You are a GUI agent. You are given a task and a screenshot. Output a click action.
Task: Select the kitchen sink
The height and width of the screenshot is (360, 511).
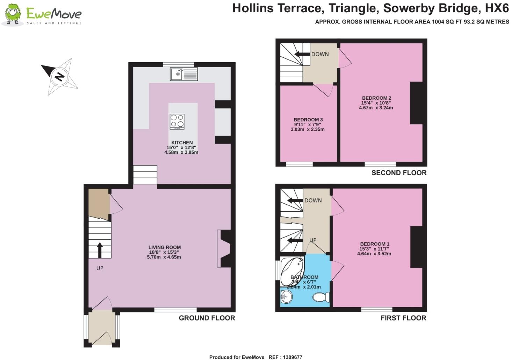183,74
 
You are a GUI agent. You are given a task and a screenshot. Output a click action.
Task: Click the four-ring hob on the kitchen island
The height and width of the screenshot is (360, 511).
177,122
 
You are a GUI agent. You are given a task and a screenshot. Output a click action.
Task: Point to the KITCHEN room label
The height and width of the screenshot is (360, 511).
182,143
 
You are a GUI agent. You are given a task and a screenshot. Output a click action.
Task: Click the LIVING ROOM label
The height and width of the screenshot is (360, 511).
164,247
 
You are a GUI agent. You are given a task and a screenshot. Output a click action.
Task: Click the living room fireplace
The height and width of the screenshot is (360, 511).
224,248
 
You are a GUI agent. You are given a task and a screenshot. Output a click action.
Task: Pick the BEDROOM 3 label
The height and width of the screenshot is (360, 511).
308,120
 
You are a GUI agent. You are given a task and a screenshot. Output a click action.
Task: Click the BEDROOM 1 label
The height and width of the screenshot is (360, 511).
375,244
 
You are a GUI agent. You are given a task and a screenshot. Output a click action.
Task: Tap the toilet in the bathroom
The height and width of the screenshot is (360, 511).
321,297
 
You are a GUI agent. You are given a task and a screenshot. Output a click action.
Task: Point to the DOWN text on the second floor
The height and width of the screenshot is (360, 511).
320,54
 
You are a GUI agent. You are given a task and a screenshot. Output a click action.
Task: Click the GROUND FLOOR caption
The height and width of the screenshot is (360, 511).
207,318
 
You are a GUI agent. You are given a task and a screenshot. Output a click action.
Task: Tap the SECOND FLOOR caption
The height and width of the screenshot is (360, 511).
399,173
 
